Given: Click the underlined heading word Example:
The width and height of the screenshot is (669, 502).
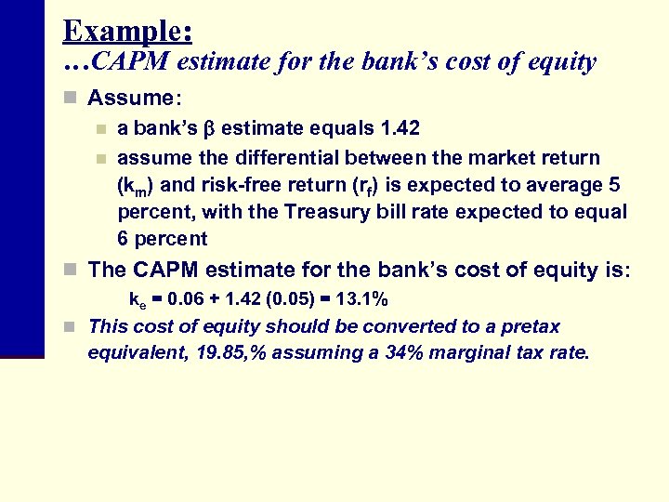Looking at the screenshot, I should [127, 31].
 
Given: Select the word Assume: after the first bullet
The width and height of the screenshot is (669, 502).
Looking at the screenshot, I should [131, 98].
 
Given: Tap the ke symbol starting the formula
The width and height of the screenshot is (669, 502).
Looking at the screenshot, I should [136, 301].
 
